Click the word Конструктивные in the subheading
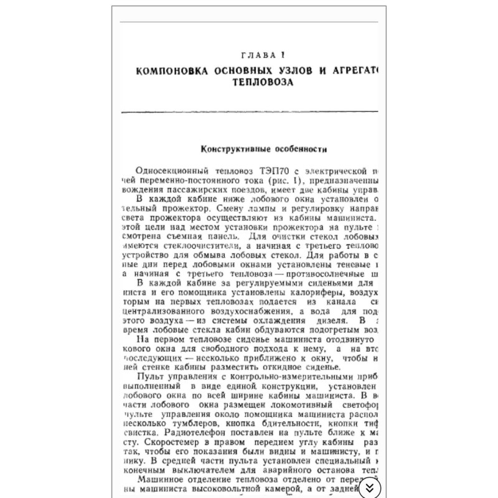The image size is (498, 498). coord(229,149)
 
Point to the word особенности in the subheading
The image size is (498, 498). coord(296,149)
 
